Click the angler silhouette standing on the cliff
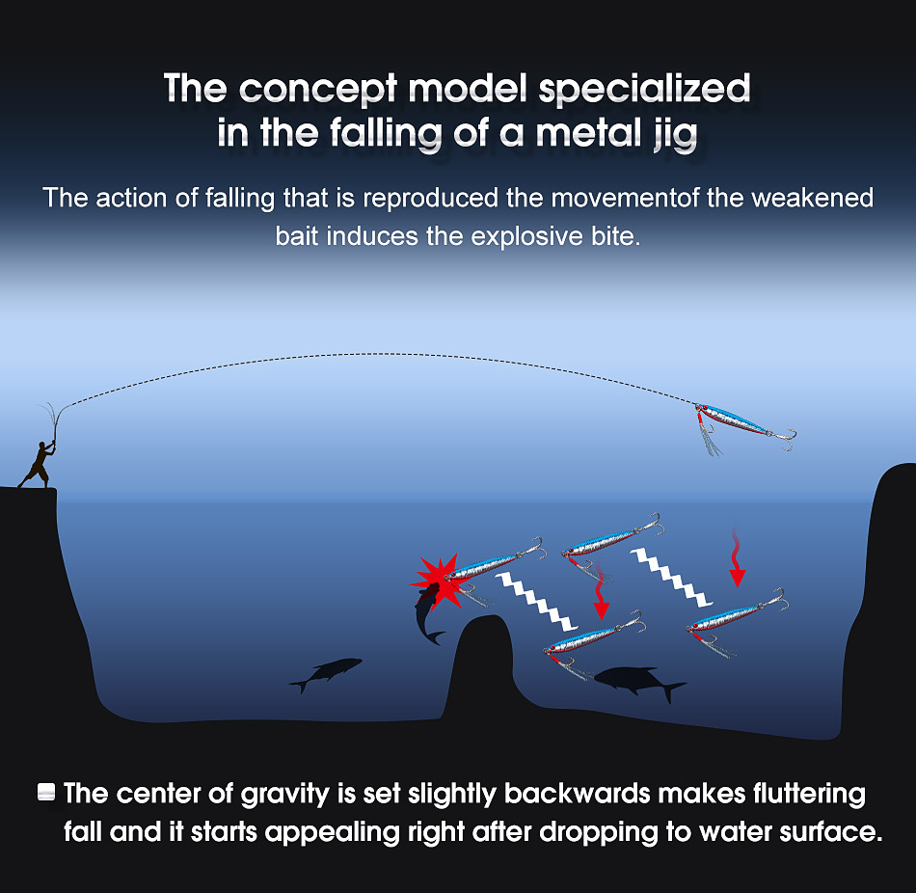40,462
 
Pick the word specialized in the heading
644,88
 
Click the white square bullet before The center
44,794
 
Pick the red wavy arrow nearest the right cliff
738,558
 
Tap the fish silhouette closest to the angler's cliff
327,671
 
